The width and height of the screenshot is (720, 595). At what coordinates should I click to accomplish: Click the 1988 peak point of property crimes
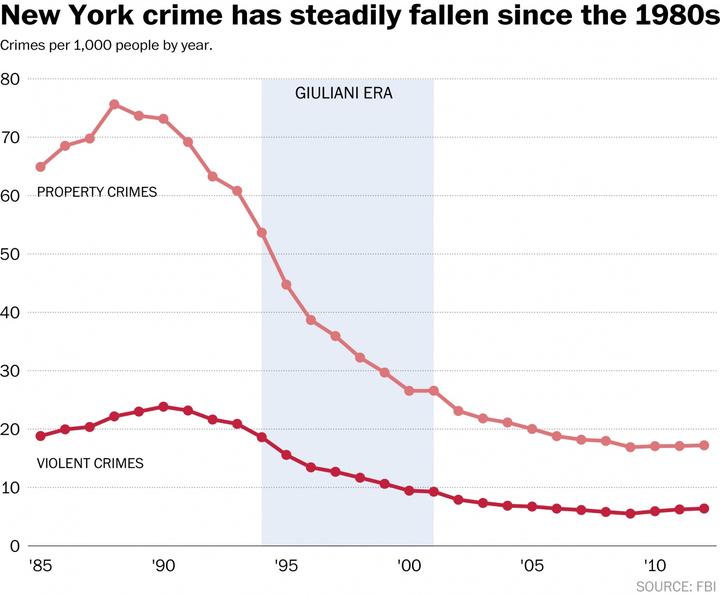tap(114, 104)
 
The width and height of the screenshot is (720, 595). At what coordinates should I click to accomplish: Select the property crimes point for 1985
tap(40, 167)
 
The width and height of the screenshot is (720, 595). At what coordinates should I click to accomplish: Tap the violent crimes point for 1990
tap(163, 407)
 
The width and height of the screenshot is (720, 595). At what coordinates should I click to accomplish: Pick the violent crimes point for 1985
tap(40, 436)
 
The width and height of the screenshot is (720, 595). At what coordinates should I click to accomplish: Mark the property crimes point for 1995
tap(286, 285)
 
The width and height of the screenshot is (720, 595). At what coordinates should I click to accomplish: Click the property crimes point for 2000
tap(409, 391)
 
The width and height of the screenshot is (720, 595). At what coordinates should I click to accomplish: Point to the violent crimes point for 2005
tap(532, 507)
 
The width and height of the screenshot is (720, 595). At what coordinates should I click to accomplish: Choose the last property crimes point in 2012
tap(704, 445)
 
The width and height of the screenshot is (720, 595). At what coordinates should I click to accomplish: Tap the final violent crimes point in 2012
tap(704, 508)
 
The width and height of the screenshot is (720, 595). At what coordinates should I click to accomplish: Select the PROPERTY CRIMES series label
tap(97, 192)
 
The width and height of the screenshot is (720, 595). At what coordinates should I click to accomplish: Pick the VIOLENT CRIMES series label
tap(90, 464)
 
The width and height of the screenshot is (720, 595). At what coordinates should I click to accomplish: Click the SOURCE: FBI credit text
tap(677, 584)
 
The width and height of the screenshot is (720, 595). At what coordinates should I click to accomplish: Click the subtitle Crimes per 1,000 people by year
tap(106, 46)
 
